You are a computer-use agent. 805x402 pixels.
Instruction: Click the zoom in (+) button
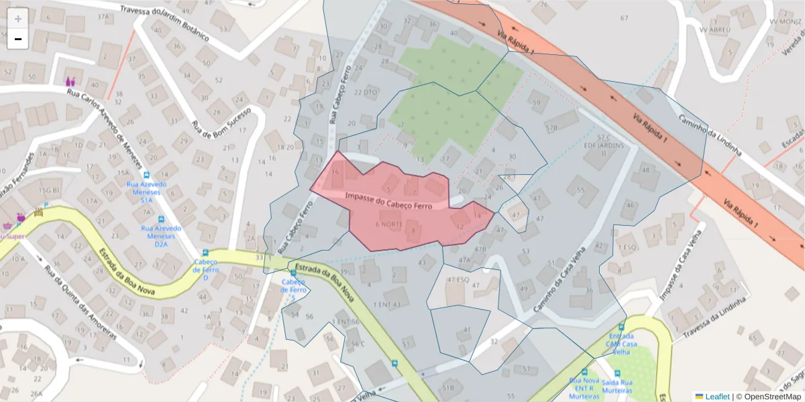(18, 18)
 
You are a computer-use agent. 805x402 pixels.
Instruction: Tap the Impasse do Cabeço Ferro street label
(388, 200)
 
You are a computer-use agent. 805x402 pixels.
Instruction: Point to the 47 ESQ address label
(458, 279)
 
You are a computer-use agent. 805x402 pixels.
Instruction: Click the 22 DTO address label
(366, 92)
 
